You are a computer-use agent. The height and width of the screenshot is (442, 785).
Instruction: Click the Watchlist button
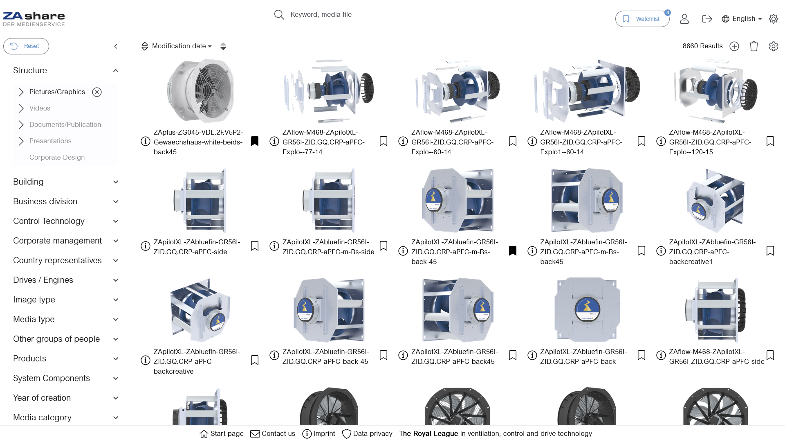(x=642, y=19)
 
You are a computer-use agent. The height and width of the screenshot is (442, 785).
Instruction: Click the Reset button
(x=26, y=46)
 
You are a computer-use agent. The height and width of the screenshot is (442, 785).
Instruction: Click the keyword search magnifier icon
(x=279, y=15)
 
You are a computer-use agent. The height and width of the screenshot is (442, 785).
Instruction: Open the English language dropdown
(x=742, y=19)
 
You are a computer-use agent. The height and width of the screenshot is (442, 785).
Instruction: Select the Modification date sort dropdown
(x=182, y=46)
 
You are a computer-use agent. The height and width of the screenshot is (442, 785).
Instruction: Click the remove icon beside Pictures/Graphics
(x=97, y=92)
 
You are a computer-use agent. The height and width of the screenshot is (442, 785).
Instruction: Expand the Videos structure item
(x=21, y=108)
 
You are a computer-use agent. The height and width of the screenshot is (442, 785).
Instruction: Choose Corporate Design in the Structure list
(x=57, y=158)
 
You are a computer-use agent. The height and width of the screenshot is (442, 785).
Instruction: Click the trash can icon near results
(x=754, y=46)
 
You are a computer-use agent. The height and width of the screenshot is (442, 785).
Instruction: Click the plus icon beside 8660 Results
(x=734, y=46)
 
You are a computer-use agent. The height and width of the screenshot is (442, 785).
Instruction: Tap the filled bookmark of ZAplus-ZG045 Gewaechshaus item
(x=255, y=141)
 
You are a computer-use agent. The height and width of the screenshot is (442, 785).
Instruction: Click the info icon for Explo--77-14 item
(x=274, y=141)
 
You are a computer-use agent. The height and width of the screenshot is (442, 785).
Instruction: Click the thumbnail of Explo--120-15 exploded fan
(x=715, y=91)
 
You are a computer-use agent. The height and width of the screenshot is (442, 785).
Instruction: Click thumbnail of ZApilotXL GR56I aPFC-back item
(x=587, y=310)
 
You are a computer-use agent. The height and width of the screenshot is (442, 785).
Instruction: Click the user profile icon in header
(x=684, y=19)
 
